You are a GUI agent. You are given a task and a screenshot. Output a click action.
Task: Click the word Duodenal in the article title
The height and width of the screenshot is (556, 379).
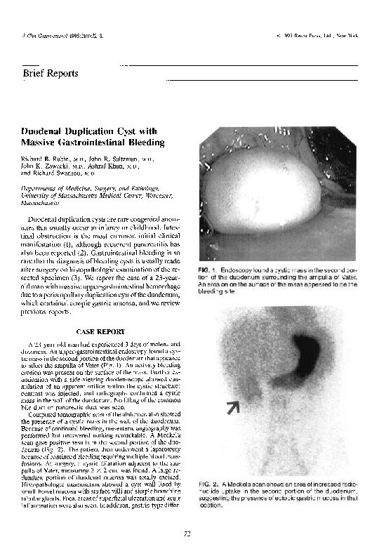tap(44, 131)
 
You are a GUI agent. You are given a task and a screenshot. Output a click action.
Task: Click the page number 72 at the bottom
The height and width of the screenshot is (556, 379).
tap(187, 534)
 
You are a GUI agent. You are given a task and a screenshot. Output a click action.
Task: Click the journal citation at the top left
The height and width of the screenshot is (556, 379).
tap(50, 34)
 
